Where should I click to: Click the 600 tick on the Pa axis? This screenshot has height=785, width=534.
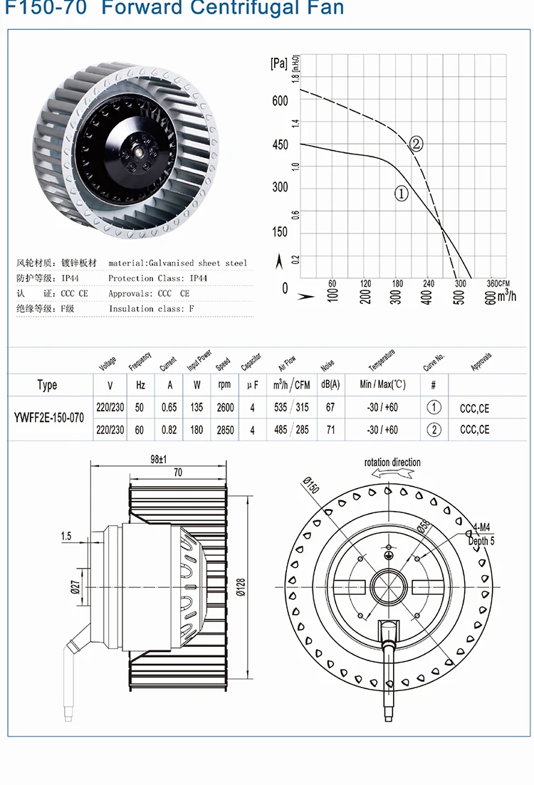tap(280, 101)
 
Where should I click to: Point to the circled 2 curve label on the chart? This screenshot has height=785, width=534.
tap(417, 144)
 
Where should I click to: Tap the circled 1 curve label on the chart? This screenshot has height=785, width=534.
tap(401, 193)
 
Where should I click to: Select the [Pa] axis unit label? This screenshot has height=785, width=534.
tap(279, 63)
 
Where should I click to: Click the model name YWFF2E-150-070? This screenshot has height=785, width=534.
tap(48, 418)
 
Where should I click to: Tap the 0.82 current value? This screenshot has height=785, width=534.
tap(169, 430)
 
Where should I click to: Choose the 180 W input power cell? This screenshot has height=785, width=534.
tap(197, 430)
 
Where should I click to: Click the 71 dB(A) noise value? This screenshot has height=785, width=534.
tap(330, 430)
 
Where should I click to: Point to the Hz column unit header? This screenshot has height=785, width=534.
tap(140, 385)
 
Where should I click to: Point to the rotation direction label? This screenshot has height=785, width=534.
tap(392, 463)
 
